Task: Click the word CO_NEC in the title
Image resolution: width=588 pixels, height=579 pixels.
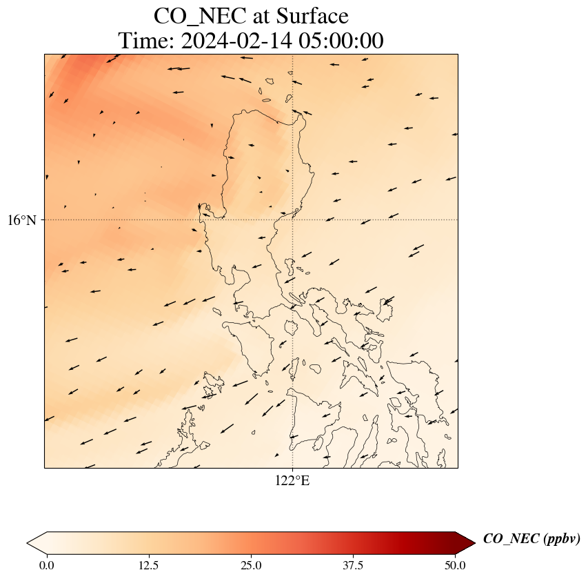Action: (x=191, y=16)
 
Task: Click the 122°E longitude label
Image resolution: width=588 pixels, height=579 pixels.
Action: (x=292, y=481)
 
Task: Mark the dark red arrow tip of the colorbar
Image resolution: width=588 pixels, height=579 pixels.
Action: (x=467, y=543)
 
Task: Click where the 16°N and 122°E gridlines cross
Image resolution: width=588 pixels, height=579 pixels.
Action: (x=293, y=220)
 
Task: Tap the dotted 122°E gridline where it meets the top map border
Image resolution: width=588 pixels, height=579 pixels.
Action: (x=293, y=54)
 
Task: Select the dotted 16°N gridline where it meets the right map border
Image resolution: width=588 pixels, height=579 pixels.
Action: (x=458, y=220)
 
